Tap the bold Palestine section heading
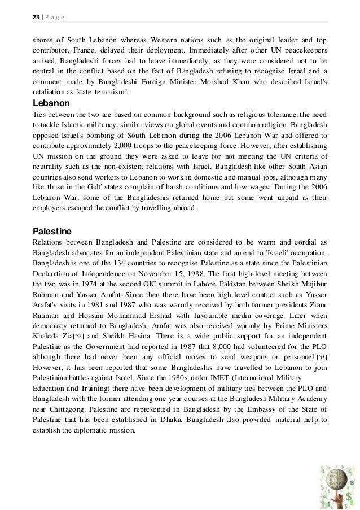[52, 231]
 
